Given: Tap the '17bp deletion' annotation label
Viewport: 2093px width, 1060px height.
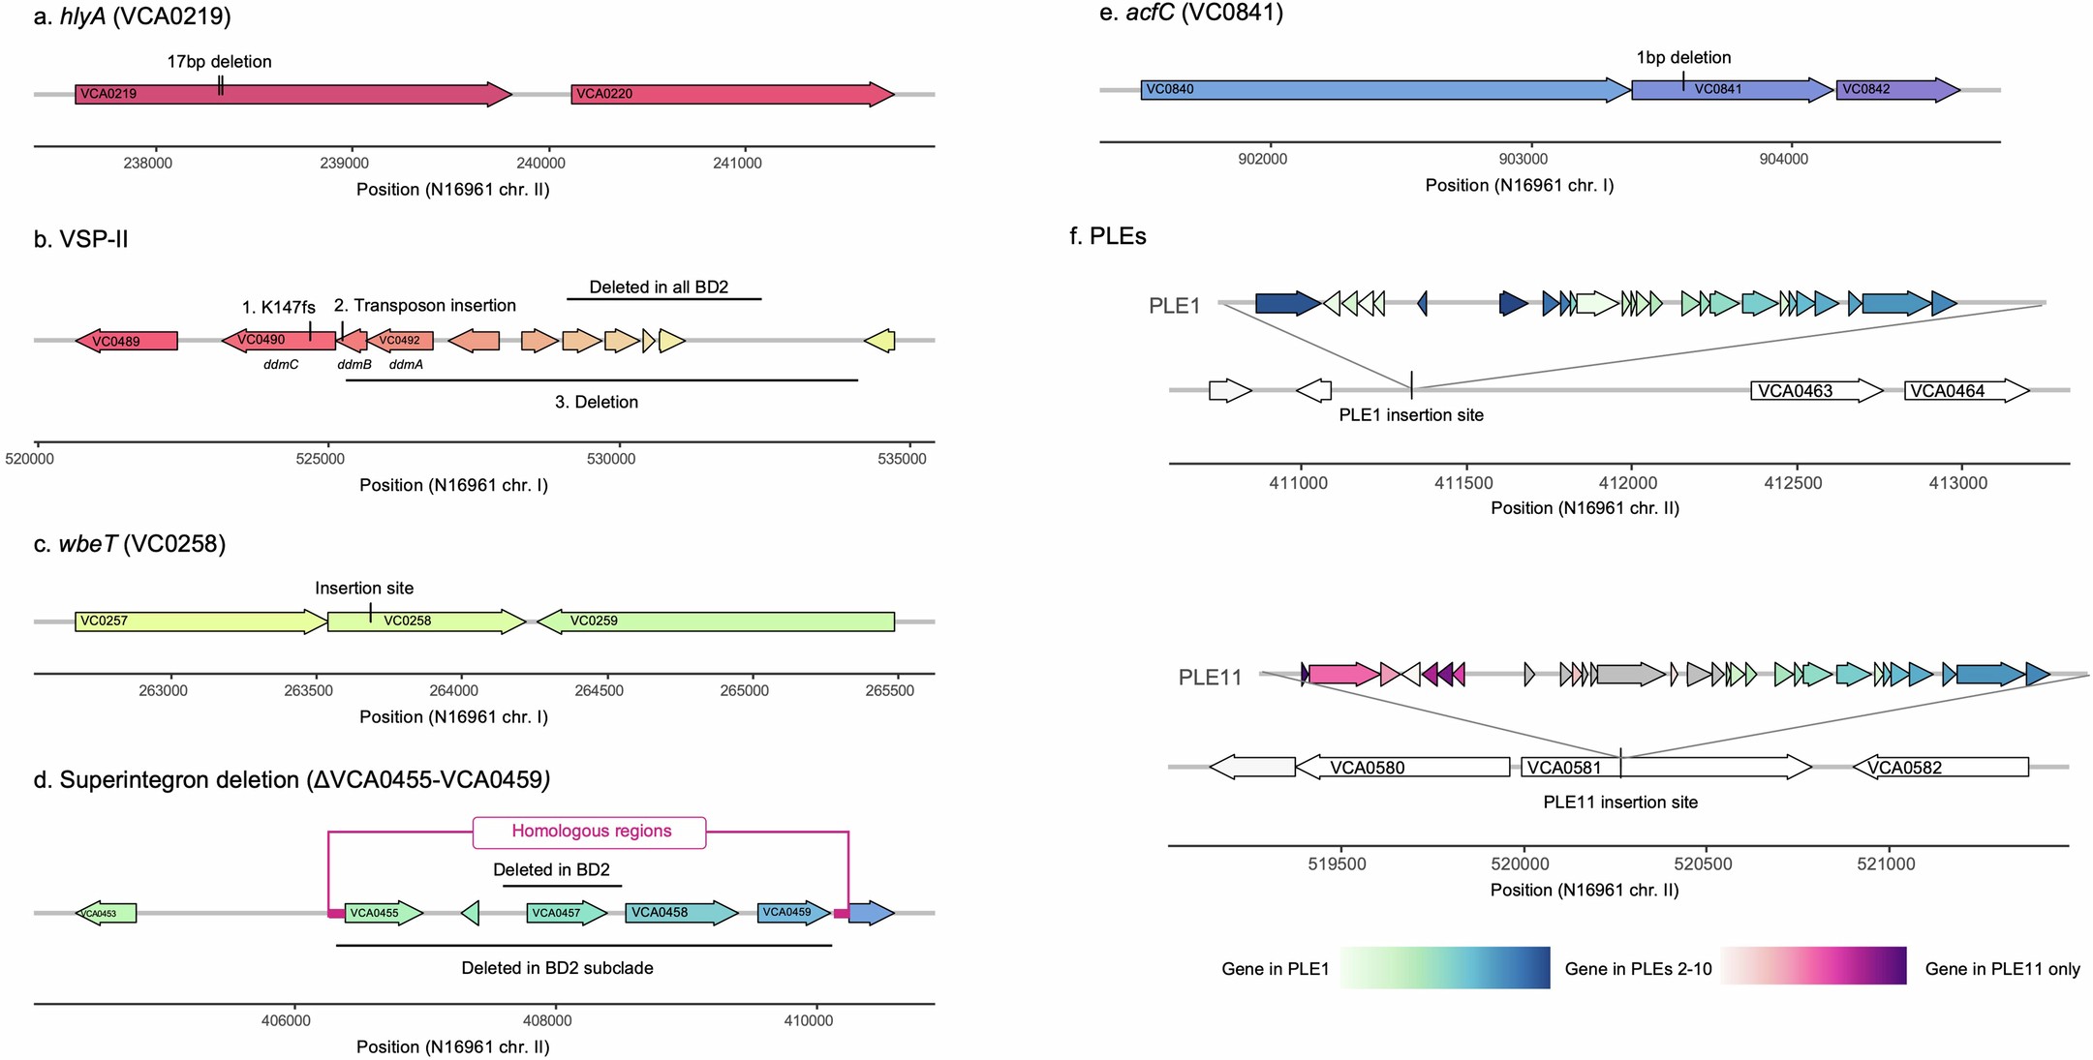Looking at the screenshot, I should tap(219, 62).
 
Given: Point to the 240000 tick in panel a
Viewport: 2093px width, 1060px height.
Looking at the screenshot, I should tap(540, 163).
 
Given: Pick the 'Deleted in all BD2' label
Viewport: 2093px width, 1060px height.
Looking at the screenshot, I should tap(659, 288).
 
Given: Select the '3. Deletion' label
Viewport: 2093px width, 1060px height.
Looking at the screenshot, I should tap(597, 402).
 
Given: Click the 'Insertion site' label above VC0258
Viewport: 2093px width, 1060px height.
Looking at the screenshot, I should tap(364, 589).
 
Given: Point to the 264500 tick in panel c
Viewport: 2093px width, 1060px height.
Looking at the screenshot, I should tap(600, 691).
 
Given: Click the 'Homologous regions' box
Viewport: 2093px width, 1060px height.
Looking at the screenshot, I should tap(590, 832).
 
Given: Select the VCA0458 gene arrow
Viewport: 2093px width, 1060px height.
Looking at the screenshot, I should tap(682, 913).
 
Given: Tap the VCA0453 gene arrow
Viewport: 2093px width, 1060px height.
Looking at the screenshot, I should tap(106, 913).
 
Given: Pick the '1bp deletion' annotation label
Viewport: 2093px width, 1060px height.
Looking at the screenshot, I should tap(1683, 58).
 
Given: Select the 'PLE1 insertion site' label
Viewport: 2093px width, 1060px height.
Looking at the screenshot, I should tap(1411, 415).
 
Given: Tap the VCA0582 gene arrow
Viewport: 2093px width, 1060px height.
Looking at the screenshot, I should tap(1940, 768).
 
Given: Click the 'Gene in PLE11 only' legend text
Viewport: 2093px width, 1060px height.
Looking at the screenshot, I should tap(2002, 969).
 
